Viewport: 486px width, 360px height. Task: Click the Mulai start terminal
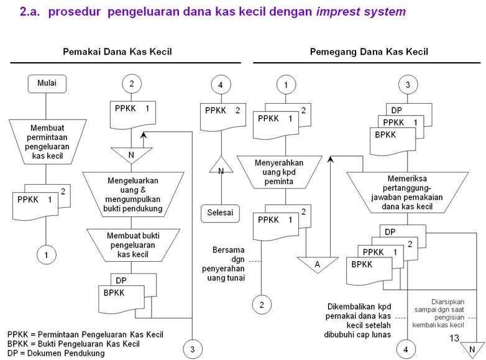(47, 83)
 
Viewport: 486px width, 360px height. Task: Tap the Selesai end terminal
(220, 213)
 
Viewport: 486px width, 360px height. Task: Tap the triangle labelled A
(318, 264)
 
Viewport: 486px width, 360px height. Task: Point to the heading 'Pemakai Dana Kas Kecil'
(117, 52)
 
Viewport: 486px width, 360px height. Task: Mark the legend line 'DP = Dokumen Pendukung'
(56, 353)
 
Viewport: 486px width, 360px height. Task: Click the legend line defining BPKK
(73, 344)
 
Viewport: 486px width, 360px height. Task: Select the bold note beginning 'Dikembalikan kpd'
(359, 321)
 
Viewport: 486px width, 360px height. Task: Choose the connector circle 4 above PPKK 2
(220, 84)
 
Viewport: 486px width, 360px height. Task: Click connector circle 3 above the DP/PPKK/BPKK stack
(407, 84)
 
